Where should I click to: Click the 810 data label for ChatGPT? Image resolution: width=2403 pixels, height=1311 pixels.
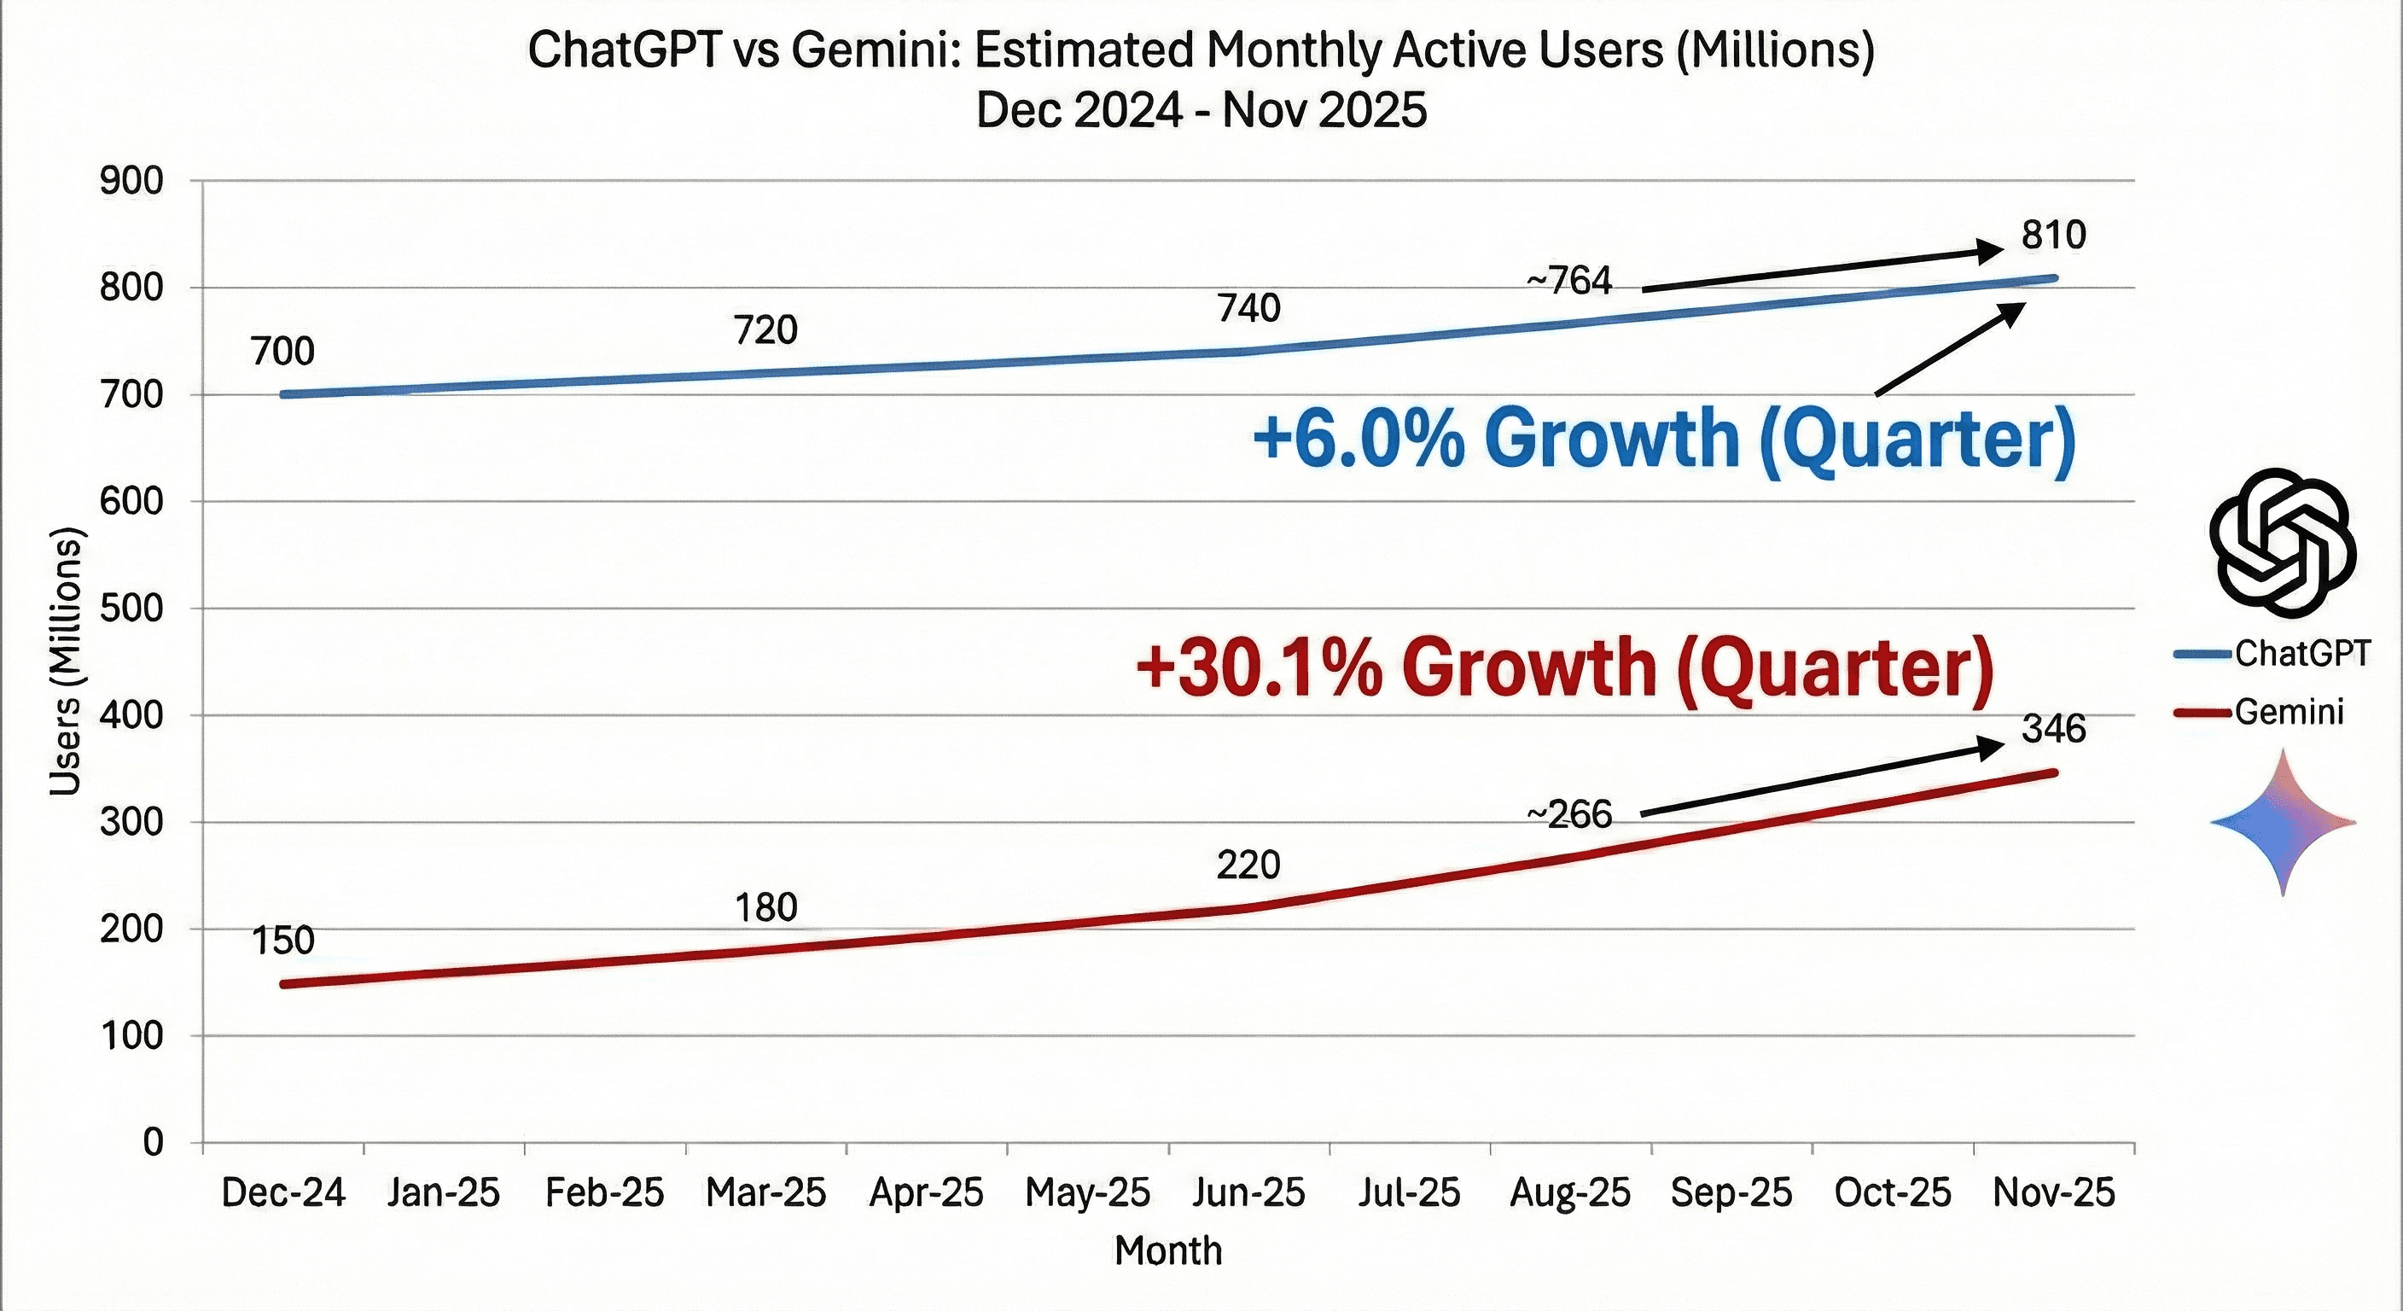[2053, 235]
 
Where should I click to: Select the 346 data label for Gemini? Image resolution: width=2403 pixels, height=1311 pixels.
[2053, 729]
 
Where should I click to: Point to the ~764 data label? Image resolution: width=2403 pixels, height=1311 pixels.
[1569, 281]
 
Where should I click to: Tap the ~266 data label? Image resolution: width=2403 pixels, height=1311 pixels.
[1569, 814]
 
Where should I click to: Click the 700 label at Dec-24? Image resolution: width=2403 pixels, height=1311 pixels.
[282, 352]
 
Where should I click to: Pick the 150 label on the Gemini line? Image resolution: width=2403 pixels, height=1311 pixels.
[282, 940]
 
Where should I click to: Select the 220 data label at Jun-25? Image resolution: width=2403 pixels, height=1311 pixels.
[1248, 865]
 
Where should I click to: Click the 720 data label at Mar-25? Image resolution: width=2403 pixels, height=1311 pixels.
[765, 330]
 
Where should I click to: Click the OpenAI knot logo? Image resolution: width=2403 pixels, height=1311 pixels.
[2283, 542]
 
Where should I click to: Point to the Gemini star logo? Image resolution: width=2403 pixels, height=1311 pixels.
[2283, 822]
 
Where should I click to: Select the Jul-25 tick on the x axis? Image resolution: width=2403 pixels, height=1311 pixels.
[1409, 1192]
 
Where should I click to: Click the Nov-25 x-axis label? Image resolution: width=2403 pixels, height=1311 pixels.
[2053, 1192]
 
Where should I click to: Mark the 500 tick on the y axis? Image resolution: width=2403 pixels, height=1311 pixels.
[131, 609]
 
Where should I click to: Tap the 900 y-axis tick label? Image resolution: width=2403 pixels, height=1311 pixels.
[131, 181]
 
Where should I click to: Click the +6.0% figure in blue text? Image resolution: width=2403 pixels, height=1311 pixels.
[1359, 439]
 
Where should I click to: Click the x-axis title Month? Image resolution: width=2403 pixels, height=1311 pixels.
[1168, 1250]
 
